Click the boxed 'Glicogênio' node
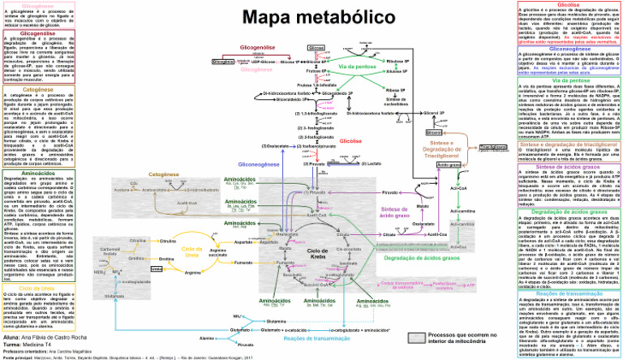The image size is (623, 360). [x=222, y=61]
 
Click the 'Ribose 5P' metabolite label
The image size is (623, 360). [x=397, y=91]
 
